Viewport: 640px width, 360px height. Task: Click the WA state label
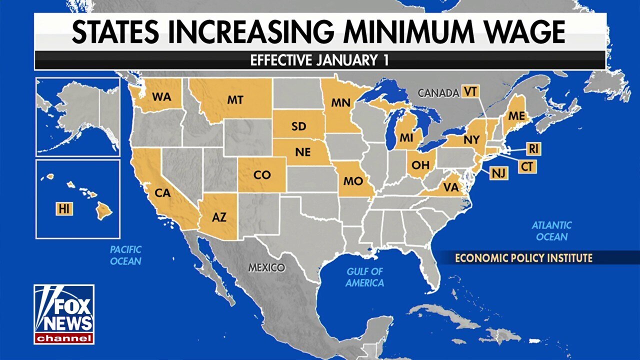click(x=161, y=97)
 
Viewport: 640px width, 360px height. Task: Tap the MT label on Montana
click(x=235, y=100)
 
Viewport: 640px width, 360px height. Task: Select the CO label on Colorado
click(x=262, y=175)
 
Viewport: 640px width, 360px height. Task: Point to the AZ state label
click(x=219, y=217)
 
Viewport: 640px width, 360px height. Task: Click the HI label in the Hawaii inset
click(x=63, y=209)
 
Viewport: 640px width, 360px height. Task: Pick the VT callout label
click(x=469, y=92)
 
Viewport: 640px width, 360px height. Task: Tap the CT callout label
click(x=526, y=166)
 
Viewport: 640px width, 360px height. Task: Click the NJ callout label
click(x=498, y=173)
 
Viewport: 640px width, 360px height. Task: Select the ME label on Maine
click(x=516, y=116)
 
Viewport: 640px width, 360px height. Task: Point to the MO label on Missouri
click(x=352, y=181)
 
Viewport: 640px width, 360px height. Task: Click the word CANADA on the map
click(x=438, y=93)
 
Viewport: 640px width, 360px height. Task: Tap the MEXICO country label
click(x=266, y=267)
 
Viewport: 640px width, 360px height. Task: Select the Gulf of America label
click(x=365, y=277)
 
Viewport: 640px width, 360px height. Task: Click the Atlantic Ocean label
click(x=551, y=231)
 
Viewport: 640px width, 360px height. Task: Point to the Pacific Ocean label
click(x=125, y=255)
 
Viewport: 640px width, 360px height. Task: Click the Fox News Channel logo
click(x=64, y=314)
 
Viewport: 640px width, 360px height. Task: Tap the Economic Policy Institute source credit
click(x=523, y=258)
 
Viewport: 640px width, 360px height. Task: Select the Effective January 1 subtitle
click(x=319, y=60)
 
